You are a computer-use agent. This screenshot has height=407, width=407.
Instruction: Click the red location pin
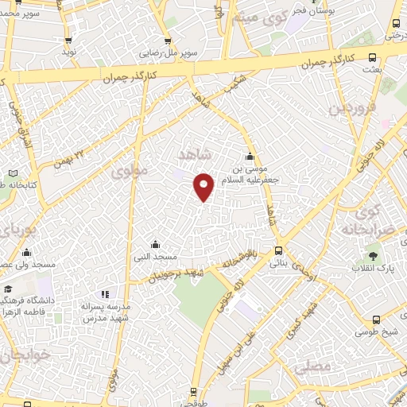[204, 187]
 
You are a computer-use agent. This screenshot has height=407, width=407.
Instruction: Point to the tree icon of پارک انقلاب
[373, 255]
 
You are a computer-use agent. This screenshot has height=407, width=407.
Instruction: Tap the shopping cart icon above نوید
[68, 40]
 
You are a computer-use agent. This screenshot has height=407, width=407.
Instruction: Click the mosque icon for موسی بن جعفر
[250, 156]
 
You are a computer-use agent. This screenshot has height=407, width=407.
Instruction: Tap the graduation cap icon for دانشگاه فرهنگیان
[7, 289]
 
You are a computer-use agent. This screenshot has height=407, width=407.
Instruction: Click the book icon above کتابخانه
[12, 172]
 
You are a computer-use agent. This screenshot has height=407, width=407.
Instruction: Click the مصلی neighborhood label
[311, 367]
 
